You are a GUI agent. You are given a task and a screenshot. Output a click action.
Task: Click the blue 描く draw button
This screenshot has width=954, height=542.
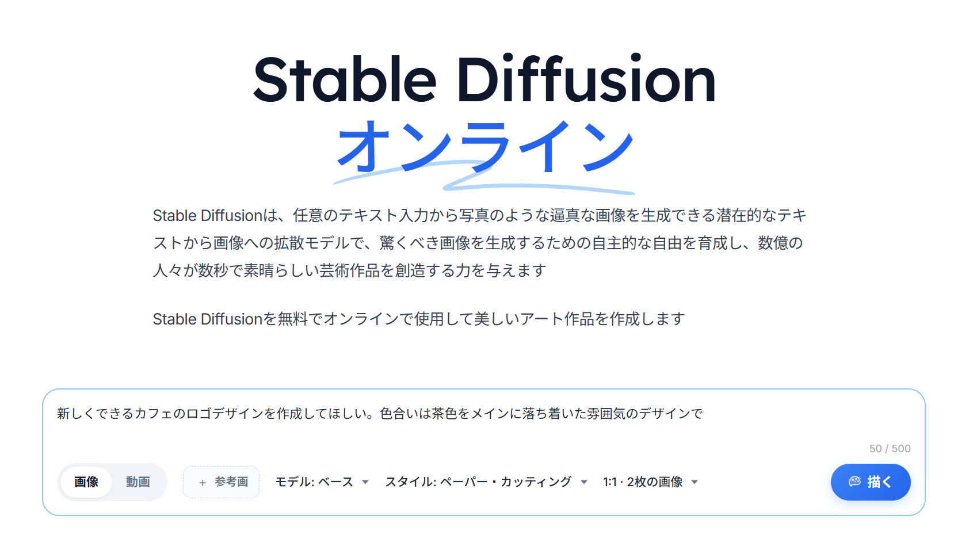(870, 482)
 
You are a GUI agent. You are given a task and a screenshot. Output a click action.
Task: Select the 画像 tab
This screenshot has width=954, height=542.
(86, 482)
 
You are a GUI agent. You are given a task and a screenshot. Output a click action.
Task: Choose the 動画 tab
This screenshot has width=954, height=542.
(138, 482)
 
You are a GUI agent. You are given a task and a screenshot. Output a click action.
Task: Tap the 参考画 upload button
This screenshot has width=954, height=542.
(221, 482)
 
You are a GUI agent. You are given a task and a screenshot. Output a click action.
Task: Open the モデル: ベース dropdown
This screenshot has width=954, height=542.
(322, 482)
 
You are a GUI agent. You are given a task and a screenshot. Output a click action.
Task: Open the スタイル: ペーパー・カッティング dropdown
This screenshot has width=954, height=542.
(486, 482)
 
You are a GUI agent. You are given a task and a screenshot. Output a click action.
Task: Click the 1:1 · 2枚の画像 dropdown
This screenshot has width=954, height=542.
(650, 482)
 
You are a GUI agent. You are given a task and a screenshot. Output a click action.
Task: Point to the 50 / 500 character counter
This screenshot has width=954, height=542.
(890, 448)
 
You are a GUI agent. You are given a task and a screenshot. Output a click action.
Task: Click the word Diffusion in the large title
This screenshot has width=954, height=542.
(586, 78)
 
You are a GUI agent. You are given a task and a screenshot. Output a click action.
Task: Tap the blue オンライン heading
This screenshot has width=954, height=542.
(484, 147)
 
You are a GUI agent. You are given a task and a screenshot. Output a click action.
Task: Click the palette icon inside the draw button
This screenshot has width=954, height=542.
(855, 482)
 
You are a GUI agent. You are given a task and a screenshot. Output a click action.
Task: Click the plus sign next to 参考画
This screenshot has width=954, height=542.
(203, 482)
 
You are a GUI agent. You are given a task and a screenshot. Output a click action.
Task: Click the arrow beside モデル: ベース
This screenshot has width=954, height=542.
(365, 482)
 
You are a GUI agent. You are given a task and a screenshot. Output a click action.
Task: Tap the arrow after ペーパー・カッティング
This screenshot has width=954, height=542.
(584, 482)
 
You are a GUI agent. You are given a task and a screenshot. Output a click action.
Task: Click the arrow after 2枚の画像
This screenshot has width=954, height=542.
(694, 482)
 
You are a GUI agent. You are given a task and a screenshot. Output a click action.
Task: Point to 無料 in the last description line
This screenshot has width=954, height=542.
(293, 319)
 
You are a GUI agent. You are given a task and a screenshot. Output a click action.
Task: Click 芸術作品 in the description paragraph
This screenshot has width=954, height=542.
(349, 270)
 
